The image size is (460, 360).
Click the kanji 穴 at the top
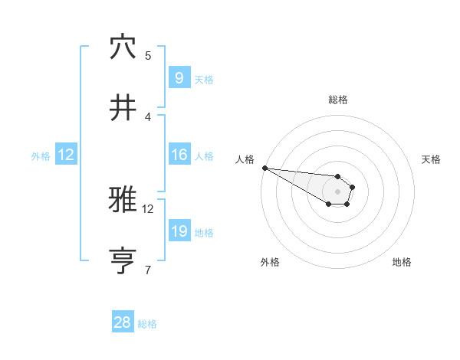(x=123, y=47)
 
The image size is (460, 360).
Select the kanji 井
(x=123, y=108)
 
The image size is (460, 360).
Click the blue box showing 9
(x=179, y=77)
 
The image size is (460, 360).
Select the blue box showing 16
(x=179, y=155)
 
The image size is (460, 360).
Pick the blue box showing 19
(x=179, y=231)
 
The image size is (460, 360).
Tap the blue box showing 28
(x=123, y=322)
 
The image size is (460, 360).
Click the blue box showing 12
(x=66, y=155)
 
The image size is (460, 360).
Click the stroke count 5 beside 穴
(x=148, y=55)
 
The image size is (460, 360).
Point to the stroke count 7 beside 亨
(x=148, y=270)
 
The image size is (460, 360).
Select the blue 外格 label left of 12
(x=41, y=155)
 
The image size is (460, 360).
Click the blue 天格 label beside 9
(x=204, y=79)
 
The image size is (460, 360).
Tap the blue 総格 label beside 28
(x=147, y=324)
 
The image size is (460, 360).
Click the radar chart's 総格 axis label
(x=338, y=100)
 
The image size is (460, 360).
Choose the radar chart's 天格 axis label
(x=432, y=159)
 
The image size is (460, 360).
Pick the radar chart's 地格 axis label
(x=402, y=262)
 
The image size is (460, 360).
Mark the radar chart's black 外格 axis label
(x=270, y=262)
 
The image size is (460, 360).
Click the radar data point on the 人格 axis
(x=264, y=168)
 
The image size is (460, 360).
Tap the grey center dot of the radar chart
(x=338, y=191)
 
